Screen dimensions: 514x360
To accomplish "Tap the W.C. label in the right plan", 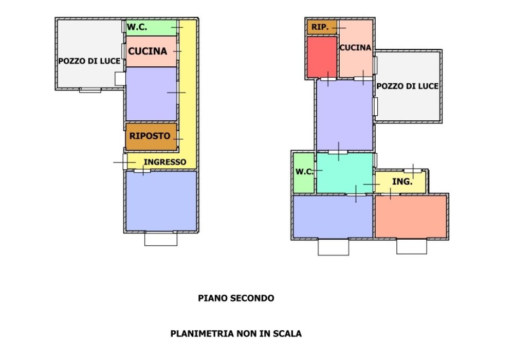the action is pos(304,172).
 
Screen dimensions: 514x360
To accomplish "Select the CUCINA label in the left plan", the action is pos(148,51).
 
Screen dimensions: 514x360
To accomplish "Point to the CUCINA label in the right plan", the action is pos(355,48).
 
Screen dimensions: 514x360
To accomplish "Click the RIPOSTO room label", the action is pos(150,136).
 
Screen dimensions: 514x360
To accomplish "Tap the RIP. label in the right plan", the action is pos(320,27).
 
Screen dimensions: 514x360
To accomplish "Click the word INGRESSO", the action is pos(165,162).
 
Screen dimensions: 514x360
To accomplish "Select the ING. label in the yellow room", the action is pos(402,182).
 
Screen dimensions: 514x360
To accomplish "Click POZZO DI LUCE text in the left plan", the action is pos(89,61).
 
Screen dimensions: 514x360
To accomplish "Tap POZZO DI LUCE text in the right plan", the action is pos(408,86).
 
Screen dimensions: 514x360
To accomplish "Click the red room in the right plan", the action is pos(322,57).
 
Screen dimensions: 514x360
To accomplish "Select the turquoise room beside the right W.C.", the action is pos(343,173).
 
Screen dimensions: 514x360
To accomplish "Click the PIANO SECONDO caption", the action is pos(236,298).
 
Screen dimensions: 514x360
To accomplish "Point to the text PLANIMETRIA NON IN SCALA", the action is pos(236,334).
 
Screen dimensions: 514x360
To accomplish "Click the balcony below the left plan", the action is pos(160,239).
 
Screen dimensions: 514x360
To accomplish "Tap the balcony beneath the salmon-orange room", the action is pos(411,247).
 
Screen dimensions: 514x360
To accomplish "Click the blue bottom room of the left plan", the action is pos(161,201).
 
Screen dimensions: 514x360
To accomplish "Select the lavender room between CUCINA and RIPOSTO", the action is pos(151,94).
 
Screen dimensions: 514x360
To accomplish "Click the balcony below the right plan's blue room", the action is pos(333,247).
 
